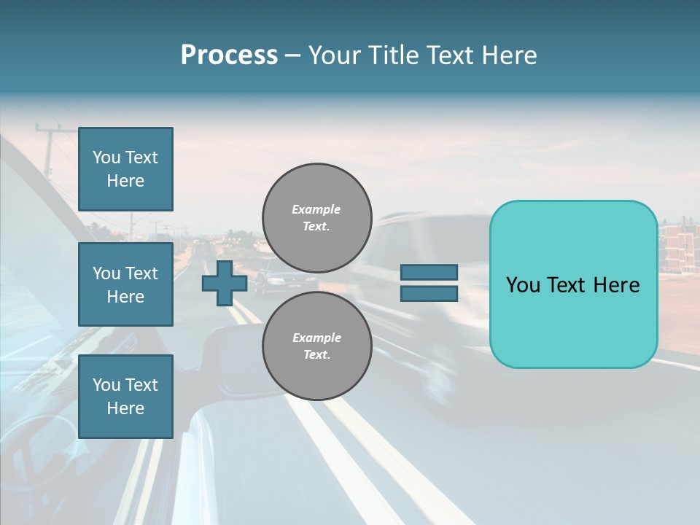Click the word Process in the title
229,55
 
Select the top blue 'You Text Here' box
125,169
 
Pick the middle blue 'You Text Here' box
125,284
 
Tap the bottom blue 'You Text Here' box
125,397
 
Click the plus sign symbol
224,283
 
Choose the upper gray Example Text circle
317,217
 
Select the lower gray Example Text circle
317,346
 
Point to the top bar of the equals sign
429,272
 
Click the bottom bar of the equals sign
429,293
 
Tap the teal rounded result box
573,284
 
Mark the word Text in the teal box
572,285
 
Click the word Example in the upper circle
316,209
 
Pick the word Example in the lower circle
316,338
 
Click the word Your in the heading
335,55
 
